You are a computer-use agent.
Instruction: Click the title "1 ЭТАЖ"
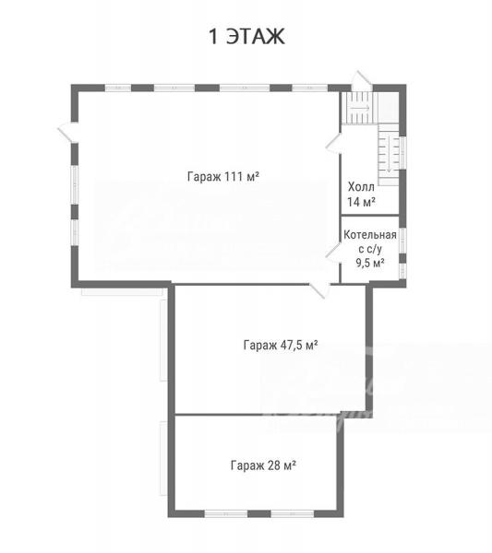[246, 36]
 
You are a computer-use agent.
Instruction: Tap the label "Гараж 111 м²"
[223, 176]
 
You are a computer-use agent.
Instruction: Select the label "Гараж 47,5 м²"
[281, 345]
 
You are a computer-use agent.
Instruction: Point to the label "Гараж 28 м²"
[263, 465]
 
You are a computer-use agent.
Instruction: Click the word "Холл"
[361, 186]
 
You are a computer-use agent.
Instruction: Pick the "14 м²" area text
[361, 202]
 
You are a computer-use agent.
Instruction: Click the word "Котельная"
[370, 234]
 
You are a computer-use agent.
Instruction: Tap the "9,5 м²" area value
[370, 263]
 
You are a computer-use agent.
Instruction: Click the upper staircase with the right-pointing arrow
[359, 107]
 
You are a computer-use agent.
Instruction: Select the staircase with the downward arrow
[389, 155]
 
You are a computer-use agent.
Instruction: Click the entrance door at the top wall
[362, 81]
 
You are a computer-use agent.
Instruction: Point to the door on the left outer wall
[68, 132]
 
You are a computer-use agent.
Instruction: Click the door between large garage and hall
[333, 145]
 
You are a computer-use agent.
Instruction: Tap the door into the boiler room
[333, 252]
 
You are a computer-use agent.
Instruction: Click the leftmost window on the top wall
[118, 88]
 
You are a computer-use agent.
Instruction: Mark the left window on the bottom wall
[226, 514]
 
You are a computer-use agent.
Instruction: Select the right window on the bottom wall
[293, 514]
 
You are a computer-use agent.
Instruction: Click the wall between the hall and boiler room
[370, 215]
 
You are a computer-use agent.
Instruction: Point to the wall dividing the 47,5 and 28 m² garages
[258, 415]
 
